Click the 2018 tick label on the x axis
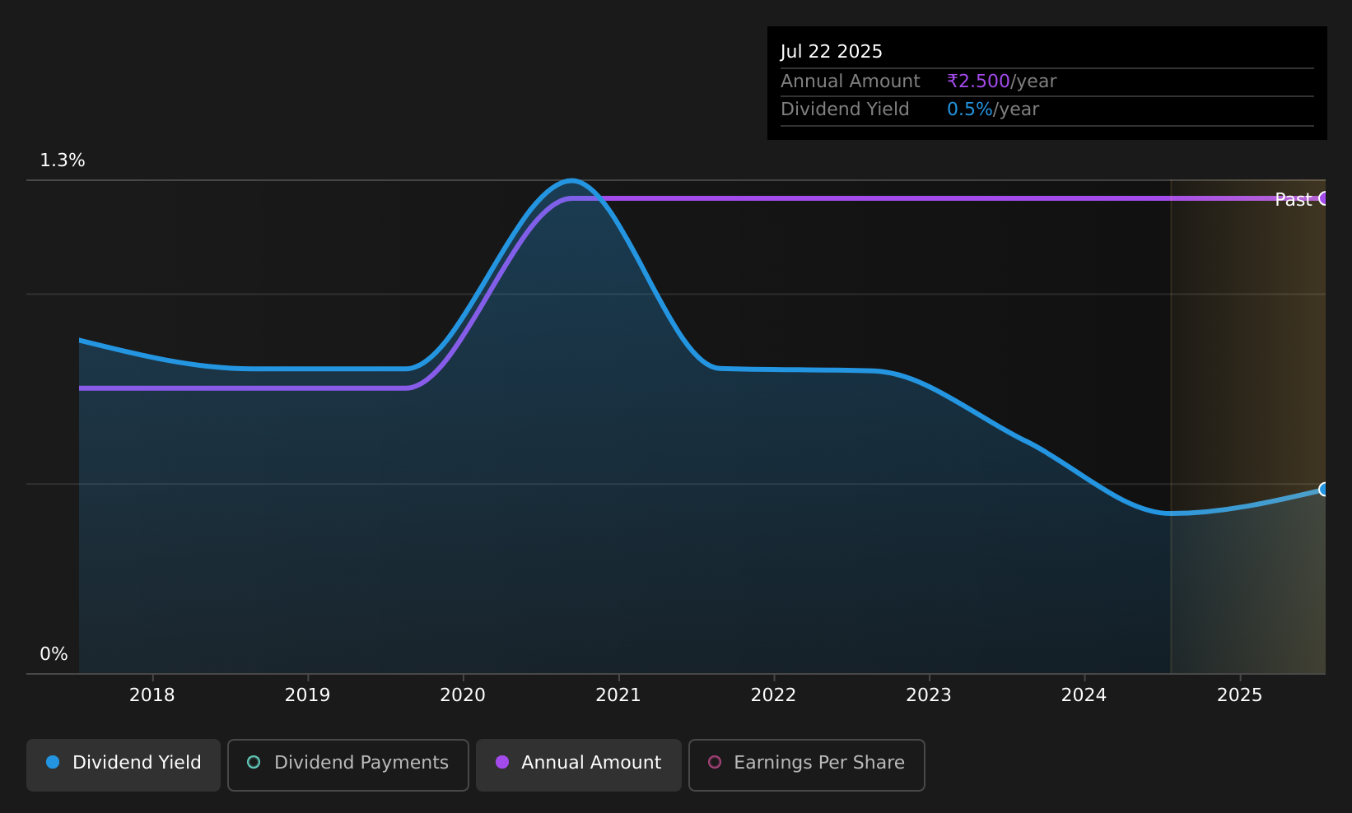coord(152,695)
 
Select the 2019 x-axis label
coord(307,695)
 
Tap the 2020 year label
coord(463,695)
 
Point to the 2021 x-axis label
coord(618,695)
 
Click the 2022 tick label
coord(774,695)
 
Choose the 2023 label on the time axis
coord(929,695)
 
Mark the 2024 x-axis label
coord(1084,695)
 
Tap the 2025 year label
coord(1240,695)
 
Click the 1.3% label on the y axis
coord(63,160)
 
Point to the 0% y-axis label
coord(54,654)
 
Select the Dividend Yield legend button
coord(124,764)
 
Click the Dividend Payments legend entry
coord(348,764)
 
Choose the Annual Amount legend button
coord(579,764)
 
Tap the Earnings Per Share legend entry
coord(807,764)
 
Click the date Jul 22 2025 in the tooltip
coord(831,52)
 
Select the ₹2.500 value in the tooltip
coord(978,81)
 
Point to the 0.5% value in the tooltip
coord(969,109)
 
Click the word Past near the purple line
coord(1293,200)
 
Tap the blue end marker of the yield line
coord(1324,489)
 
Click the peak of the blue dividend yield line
coord(571,180)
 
